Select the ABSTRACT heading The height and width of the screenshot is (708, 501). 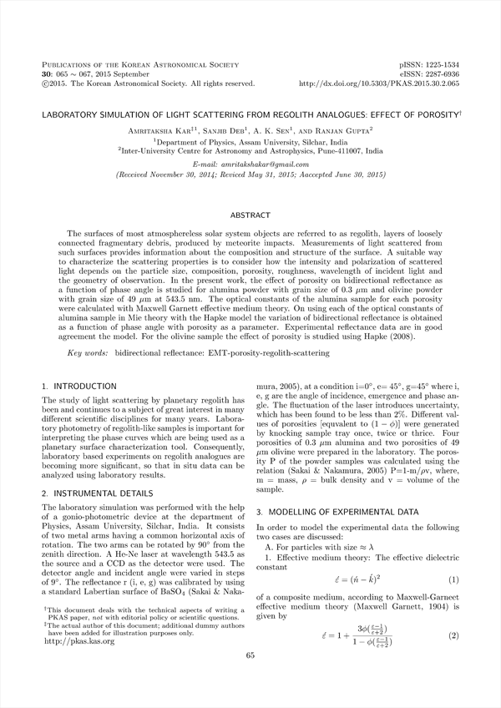click(250, 215)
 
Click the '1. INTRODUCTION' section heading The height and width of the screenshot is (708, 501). click(79, 387)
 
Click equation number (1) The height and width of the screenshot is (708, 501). click(453, 579)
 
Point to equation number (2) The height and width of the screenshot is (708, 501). click(453, 636)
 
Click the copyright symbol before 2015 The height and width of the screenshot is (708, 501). click(45, 83)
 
